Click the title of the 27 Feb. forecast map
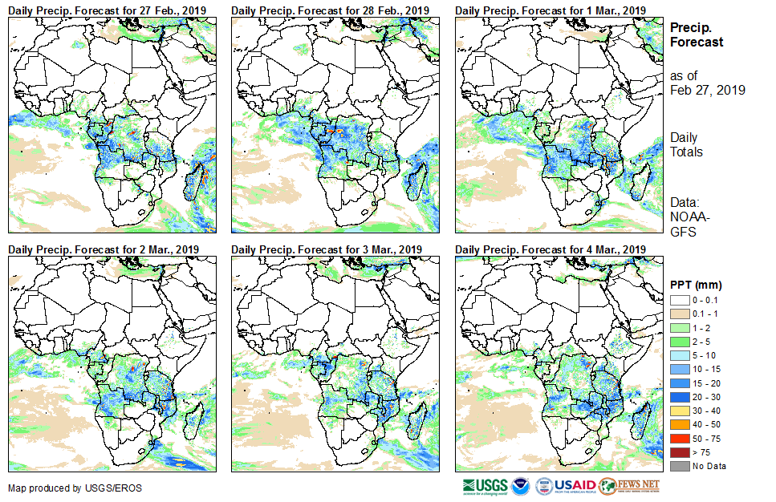(x=108, y=10)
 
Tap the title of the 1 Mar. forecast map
(x=551, y=10)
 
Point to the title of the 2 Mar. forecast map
(x=104, y=249)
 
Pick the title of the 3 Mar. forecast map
(x=327, y=249)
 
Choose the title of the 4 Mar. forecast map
(x=551, y=249)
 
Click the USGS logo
(x=485, y=486)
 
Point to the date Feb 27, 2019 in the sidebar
(x=707, y=90)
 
